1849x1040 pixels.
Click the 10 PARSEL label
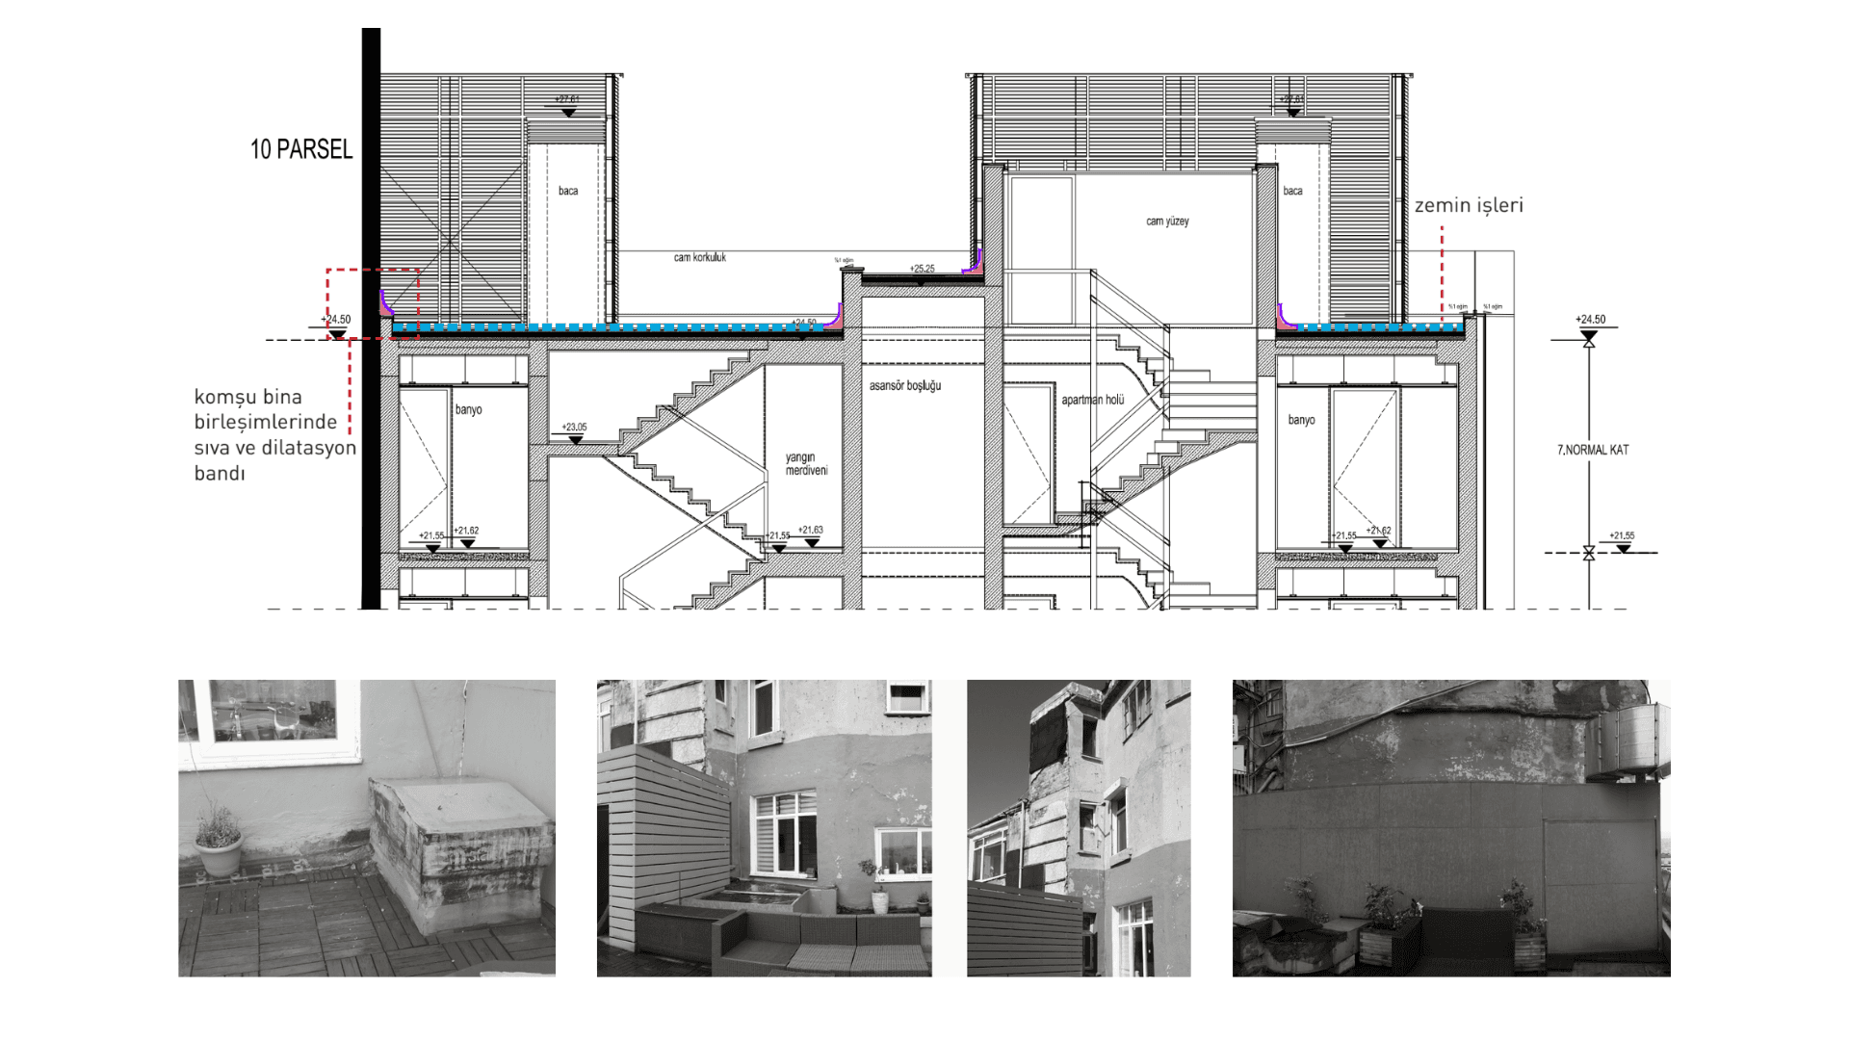click(301, 149)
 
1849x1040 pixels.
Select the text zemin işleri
click(1469, 205)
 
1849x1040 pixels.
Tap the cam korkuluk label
click(700, 257)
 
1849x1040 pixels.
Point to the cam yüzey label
click(1167, 221)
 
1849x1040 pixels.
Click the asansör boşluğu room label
click(904, 386)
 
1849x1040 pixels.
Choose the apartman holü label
click(1093, 400)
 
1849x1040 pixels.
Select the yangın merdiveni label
click(806, 464)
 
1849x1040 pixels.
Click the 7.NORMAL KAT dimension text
click(1593, 450)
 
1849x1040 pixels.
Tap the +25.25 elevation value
click(922, 269)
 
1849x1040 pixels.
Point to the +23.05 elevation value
click(574, 427)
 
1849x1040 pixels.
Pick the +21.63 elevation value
click(811, 530)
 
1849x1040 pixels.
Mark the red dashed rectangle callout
click(372, 303)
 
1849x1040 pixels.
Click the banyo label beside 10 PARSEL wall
click(468, 410)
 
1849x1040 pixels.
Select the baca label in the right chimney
click(1292, 191)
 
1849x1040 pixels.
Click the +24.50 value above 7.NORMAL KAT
click(1590, 319)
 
